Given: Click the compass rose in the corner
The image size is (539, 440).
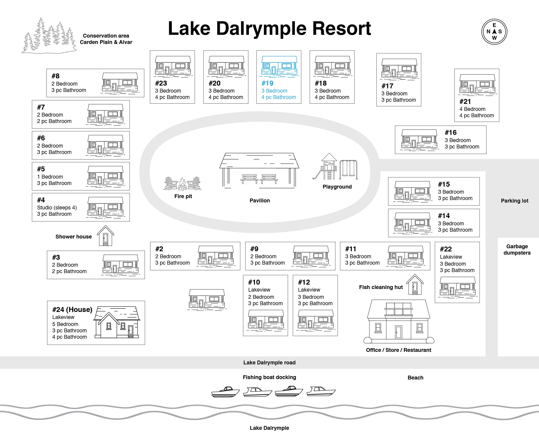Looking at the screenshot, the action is [x=494, y=32].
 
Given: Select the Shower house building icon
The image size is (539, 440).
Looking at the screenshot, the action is [x=105, y=236].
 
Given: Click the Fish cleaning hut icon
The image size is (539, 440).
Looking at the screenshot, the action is [x=415, y=284].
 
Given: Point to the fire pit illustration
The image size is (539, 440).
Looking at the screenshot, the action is [x=183, y=183].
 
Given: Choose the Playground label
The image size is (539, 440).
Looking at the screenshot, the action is [x=337, y=187].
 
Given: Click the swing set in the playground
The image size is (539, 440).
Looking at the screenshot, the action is [x=349, y=169].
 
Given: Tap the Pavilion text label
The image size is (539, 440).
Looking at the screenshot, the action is [x=260, y=200].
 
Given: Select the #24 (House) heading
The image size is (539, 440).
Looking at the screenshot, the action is [x=72, y=309].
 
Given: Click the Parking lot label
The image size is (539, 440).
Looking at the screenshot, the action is [x=515, y=201].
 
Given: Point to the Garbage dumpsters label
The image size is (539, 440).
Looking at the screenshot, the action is [x=517, y=250].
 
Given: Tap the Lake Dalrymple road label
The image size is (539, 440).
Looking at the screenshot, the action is [x=269, y=362].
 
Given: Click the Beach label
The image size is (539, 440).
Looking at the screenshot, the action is [x=415, y=378].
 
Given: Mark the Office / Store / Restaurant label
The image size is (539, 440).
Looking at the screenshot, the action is [x=399, y=350].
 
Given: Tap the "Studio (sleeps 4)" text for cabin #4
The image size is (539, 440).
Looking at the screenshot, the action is [x=57, y=208].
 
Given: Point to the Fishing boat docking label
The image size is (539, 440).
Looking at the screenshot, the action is [x=269, y=377].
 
